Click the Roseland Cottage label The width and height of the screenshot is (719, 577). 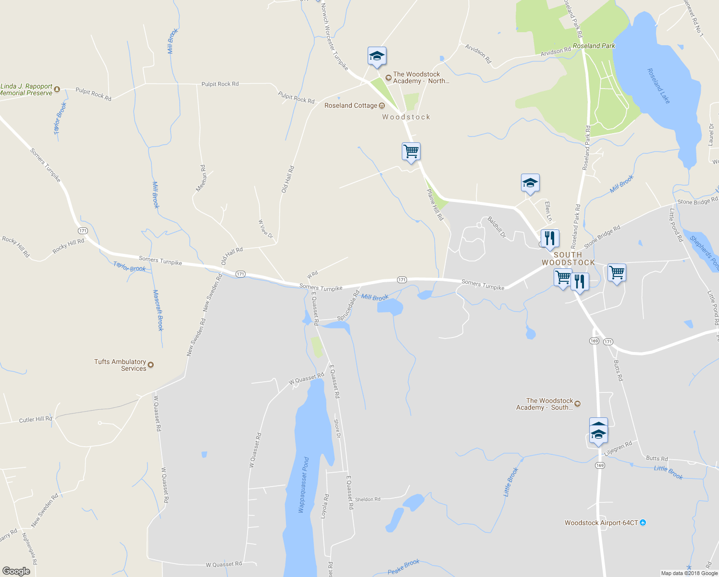(x=351, y=106)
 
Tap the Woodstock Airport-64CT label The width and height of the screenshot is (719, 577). (x=601, y=523)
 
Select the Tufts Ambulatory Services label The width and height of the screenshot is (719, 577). (x=121, y=365)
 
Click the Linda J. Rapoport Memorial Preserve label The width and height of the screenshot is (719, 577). (x=27, y=90)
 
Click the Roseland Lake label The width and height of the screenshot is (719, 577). (x=658, y=86)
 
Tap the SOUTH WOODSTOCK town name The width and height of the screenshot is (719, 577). (x=568, y=259)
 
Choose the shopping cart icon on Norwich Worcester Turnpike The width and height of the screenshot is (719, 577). (x=411, y=151)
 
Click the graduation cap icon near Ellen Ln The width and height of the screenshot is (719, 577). (x=530, y=183)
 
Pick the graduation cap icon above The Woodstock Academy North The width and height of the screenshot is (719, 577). (x=377, y=56)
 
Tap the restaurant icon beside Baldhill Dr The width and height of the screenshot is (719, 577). (x=550, y=238)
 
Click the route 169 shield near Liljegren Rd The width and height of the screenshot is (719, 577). (x=599, y=465)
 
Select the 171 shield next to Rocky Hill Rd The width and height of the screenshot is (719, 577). (x=83, y=231)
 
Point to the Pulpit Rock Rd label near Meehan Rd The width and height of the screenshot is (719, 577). (x=220, y=84)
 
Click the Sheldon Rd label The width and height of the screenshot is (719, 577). (x=368, y=500)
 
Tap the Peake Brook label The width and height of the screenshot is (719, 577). (x=404, y=566)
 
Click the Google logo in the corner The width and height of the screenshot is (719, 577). (x=16, y=571)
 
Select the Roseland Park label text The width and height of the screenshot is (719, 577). (x=594, y=46)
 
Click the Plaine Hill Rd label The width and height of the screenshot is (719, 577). (x=435, y=204)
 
